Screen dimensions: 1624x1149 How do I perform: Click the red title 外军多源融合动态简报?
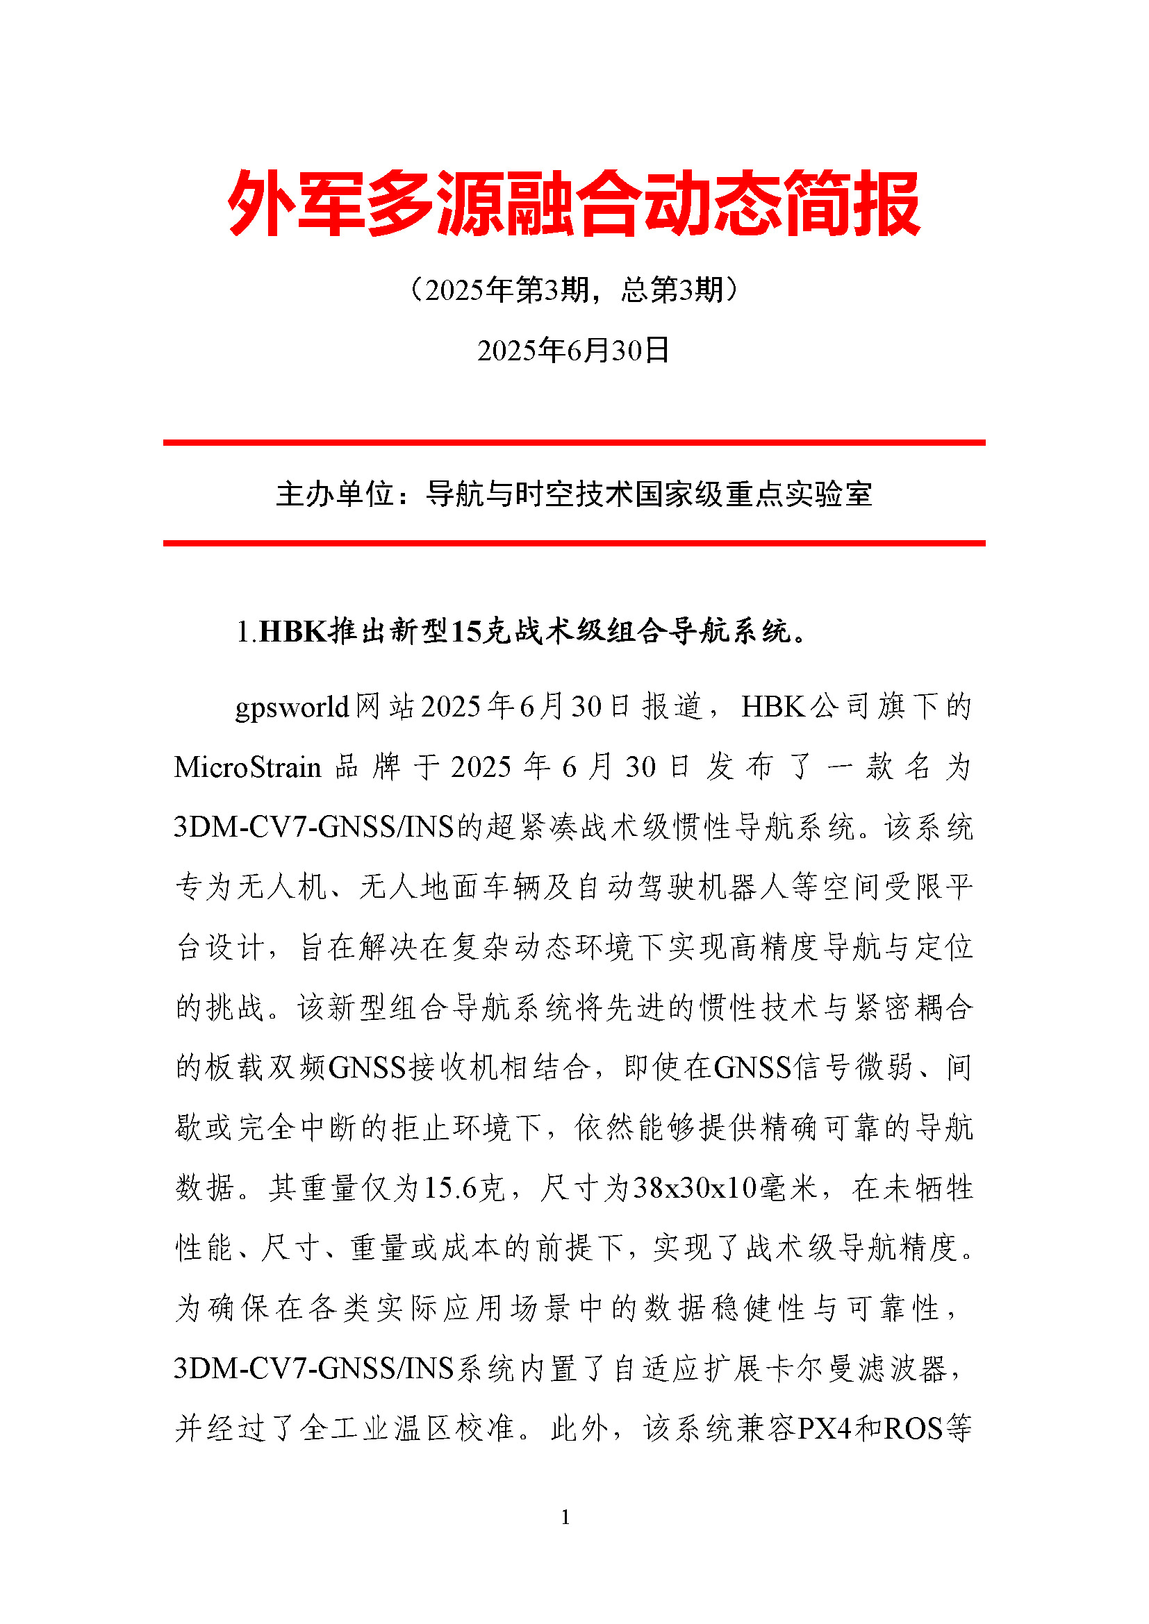[574, 203]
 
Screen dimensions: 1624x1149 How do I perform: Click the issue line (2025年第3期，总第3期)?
[574, 290]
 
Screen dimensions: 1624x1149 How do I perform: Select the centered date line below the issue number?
[574, 350]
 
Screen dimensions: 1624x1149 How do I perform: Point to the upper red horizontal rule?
[574, 443]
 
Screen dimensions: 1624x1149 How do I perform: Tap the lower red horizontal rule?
[574, 543]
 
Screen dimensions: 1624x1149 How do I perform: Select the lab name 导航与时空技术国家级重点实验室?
[649, 494]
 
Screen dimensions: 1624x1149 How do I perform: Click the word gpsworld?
[292, 707]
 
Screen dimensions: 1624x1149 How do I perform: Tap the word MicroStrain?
[247, 767]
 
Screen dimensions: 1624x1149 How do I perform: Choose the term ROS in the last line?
[913, 1429]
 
